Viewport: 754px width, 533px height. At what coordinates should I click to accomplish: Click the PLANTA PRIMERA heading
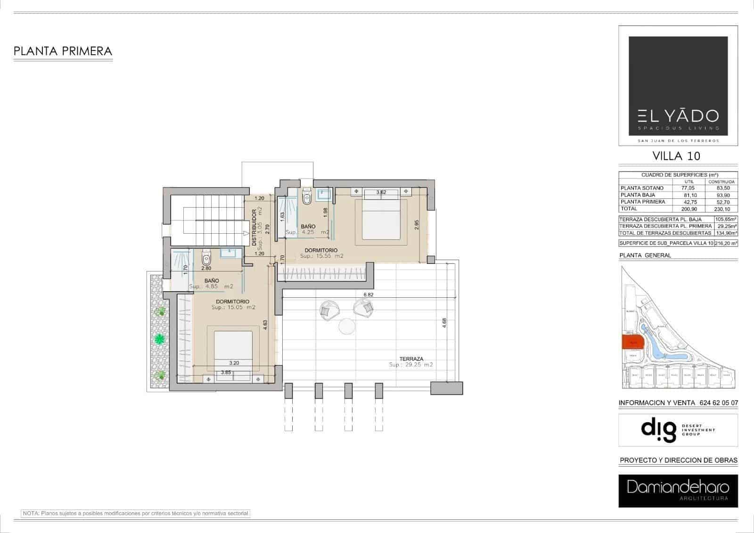[x=63, y=51]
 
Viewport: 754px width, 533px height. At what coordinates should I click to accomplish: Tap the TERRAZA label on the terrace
[x=411, y=359]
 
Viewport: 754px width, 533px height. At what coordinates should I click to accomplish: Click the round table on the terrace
[x=347, y=326]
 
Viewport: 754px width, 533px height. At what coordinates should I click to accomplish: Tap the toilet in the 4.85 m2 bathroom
[x=206, y=258]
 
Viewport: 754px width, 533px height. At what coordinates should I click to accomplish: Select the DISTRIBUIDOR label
[x=254, y=228]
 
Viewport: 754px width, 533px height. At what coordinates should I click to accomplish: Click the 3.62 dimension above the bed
[x=381, y=192]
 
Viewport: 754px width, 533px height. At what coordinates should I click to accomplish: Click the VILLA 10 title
[x=676, y=156]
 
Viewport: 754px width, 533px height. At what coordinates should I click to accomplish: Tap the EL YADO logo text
[x=678, y=116]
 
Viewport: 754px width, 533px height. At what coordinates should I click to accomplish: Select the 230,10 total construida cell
[x=721, y=209]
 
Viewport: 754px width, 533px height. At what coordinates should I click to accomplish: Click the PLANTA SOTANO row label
[x=642, y=188]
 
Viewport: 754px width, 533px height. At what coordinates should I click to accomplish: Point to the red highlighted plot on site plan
[x=632, y=342]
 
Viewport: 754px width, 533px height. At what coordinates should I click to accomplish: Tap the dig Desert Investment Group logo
[x=678, y=430]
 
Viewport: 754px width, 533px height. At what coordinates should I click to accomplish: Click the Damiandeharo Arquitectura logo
[x=678, y=490]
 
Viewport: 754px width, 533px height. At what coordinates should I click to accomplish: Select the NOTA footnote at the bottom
[x=135, y=513]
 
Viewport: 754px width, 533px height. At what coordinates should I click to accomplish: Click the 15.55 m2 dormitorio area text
[x=322, y=256]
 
